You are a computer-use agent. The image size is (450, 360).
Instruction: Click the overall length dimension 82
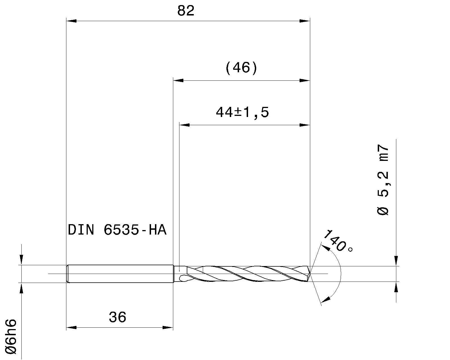click(186, 11)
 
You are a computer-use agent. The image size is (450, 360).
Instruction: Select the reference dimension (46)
click(241, 68)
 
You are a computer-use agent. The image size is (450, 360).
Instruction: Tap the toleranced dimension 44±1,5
click(242, 112)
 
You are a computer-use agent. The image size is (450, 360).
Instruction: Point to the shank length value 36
click(118, 317)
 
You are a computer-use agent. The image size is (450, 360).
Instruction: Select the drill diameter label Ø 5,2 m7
click(382, 180)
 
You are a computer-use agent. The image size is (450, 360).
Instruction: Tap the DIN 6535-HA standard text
click(117, 230)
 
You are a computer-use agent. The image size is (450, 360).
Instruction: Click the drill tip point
click(310, 273)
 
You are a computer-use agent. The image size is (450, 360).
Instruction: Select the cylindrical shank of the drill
click(121, 274)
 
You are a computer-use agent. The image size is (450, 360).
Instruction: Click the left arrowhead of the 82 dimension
click(71, 21)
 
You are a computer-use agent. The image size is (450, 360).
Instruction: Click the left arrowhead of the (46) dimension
click(178, 80)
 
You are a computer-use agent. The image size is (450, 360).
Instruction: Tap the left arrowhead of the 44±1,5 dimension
click(184, 125)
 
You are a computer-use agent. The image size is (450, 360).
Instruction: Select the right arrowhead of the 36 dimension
click(168, 327)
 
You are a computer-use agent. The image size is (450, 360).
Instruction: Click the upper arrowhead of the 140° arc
click(326, 247)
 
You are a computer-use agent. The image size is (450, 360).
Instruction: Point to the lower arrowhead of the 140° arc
click(325, 300)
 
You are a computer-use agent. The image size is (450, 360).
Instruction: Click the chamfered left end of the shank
click(67, 274)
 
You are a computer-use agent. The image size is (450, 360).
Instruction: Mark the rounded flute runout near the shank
click(183, 278)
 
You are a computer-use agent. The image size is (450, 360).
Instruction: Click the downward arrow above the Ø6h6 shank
click(21, 259)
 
